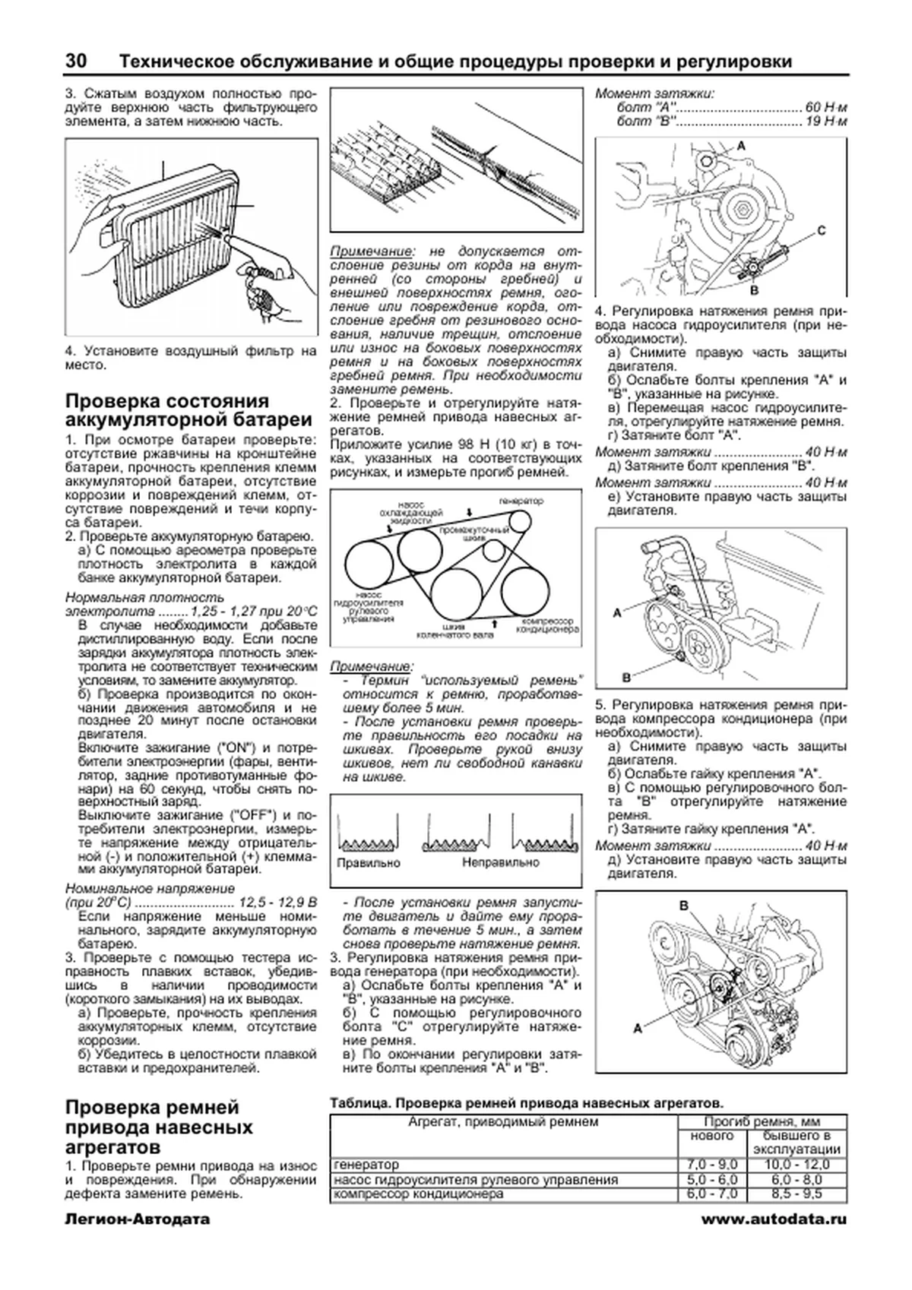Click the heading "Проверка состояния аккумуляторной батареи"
pos(188,411)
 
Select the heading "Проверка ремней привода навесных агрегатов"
pos(159,1126)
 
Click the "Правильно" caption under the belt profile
pos(368,862)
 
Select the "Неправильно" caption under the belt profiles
pos(500,862)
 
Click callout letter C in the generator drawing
pos(822,229)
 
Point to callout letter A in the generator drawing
pos(741,144)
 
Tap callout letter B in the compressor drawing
pos(683,905)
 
